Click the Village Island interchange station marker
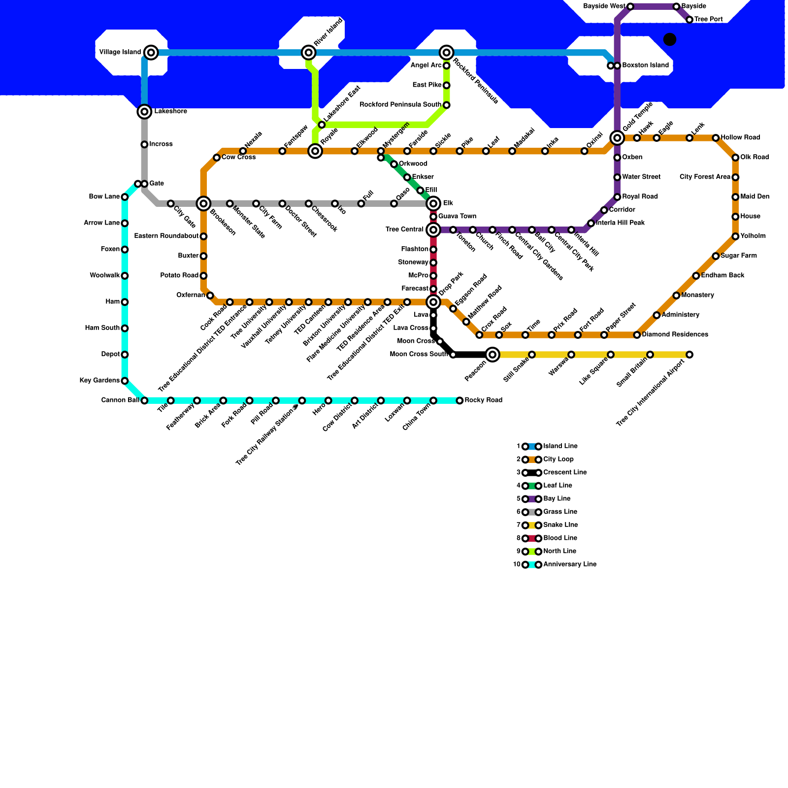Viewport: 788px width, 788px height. (151, 52)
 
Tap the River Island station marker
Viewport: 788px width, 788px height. (309, 52)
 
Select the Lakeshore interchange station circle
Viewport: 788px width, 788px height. (144, 112)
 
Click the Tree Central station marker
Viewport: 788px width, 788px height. (433, 230)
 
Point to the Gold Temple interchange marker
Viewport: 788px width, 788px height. (617, 138)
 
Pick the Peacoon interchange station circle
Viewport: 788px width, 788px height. (492, 354)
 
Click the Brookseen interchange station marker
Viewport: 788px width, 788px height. (203, 203)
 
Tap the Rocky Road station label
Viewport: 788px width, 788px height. (483, 400)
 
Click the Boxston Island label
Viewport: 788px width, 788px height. (645, 65)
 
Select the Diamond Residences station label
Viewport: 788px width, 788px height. (675, 334)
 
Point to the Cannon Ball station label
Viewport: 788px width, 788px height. (120, 400)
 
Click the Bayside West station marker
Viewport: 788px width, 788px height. (630, 6)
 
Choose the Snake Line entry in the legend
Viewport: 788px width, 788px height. (560, 525)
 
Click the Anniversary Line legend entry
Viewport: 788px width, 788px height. (569, 564)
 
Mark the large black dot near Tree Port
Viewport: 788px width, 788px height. (670, 39)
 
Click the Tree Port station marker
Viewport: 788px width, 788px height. (689, 20)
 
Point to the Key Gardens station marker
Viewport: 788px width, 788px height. (125, 381)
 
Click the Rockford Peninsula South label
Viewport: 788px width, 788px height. (400, 104)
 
